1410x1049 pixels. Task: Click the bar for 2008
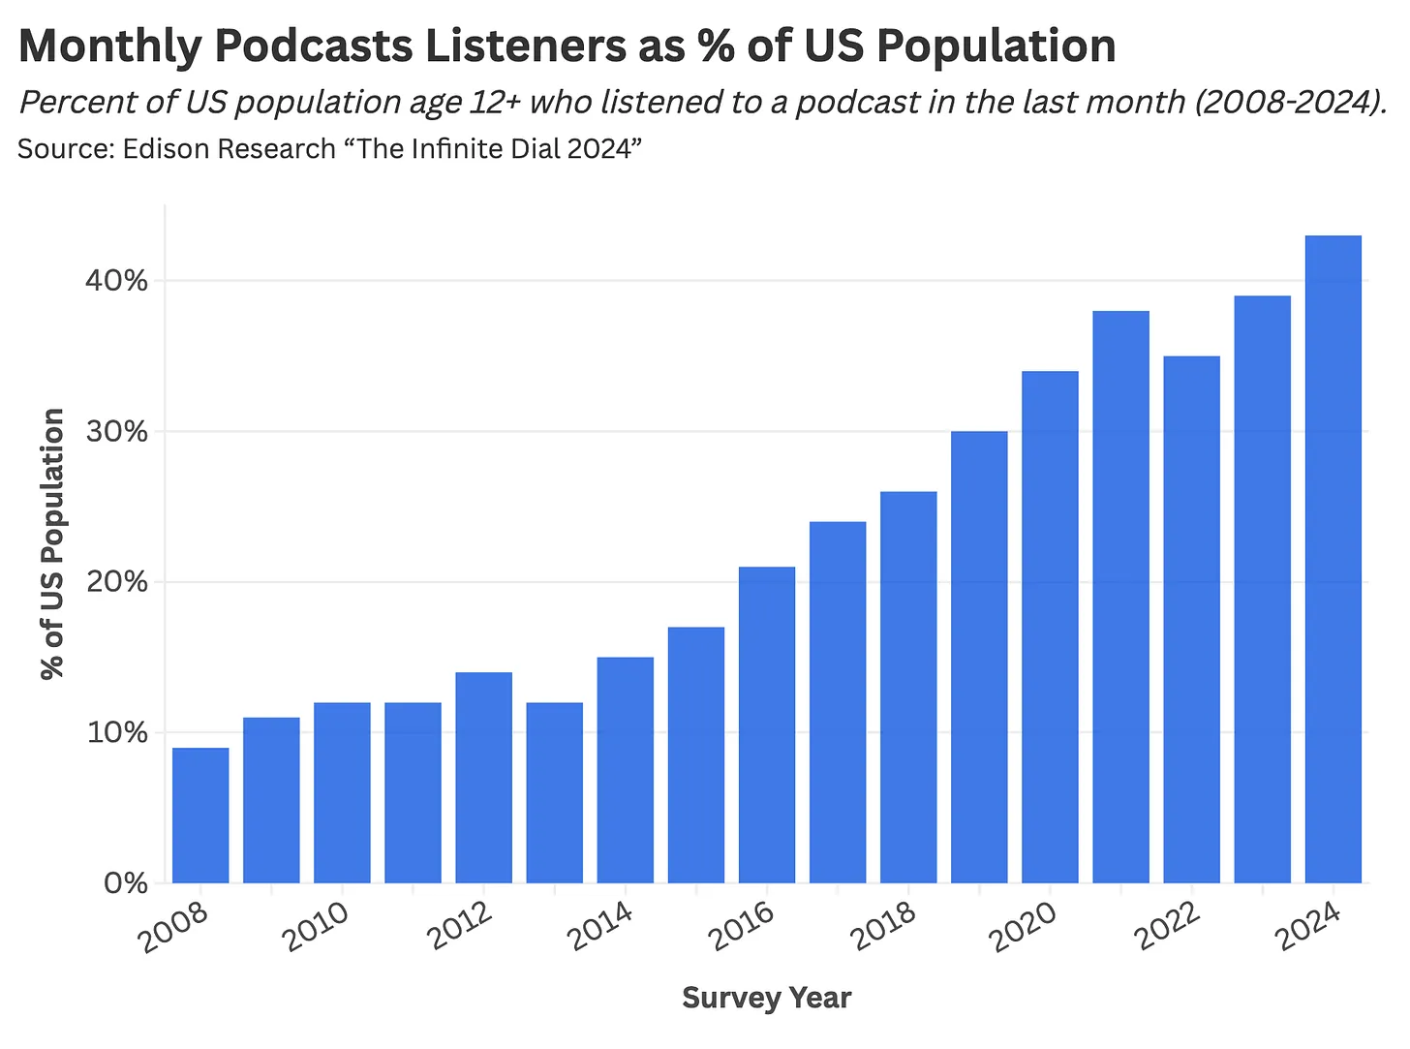(x=200, y=815)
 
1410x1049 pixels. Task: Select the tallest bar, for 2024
(x=1333, y=559)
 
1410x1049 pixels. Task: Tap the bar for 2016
(x=767, y=725)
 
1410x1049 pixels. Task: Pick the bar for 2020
(x=1050, y=627)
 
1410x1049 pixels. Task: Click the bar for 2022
(x=1192, y=620)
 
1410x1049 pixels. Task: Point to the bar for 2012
(x=483, y=777)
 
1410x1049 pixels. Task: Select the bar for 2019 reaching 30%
(x=979, y=657)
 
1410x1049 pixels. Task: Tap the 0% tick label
(x=124, y=883)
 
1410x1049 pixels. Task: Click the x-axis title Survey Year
(x=766, y=998)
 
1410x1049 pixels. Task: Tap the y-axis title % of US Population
(x=52, y=543)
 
